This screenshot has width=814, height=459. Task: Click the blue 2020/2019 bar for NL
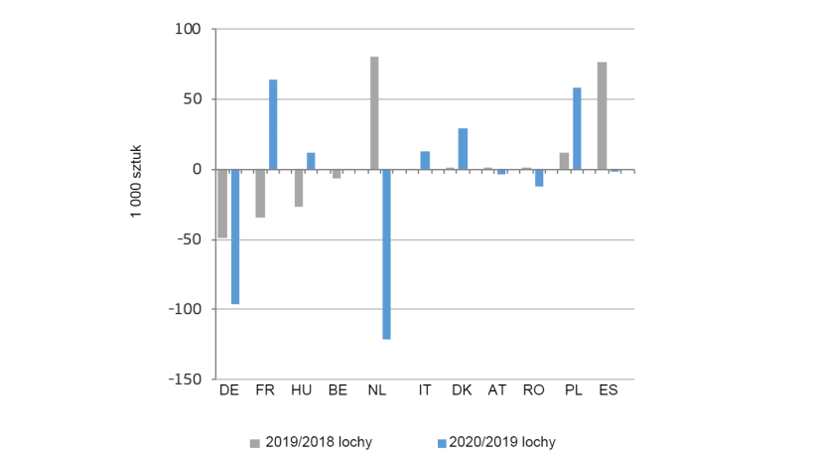(387, 254)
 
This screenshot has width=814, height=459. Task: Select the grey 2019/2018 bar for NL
(374, 113)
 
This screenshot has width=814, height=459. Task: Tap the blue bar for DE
(235, 236)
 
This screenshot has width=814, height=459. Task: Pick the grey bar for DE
(222, 204)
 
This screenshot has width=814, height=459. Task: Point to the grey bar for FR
(260, 194)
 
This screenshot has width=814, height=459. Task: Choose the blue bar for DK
(463, 149)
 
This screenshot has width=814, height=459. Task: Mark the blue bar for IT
(425, 160)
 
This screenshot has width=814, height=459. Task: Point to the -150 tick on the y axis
(186, 380)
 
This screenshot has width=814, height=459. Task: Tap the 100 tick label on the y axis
(189, 30)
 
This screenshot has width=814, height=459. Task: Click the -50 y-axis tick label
(189, 239)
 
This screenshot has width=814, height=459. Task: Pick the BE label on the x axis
(338, 390)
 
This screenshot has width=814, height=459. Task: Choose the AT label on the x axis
(497, 390)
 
